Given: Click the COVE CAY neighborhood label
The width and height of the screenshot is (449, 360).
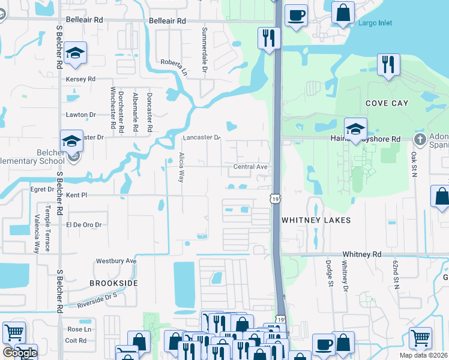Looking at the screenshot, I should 387,103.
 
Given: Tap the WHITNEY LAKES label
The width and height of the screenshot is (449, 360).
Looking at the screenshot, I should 316,220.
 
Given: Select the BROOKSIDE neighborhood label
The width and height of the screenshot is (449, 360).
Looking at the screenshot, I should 113,283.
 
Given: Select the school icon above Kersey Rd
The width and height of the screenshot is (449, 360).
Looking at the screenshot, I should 76,53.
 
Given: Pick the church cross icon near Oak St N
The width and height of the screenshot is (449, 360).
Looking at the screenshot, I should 420,139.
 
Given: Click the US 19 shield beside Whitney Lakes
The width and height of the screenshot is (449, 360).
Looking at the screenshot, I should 274,198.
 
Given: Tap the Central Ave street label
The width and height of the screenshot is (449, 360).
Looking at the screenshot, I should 250,166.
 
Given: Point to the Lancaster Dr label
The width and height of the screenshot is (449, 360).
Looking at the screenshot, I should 202,137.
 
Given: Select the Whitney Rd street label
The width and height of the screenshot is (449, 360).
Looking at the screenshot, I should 361,254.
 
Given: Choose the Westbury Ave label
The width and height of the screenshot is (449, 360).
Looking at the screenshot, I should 116,261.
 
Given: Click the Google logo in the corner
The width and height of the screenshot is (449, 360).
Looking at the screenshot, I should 19,353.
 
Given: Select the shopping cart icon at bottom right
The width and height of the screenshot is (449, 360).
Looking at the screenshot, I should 420,338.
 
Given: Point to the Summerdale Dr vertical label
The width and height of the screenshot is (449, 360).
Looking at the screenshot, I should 204,44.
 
